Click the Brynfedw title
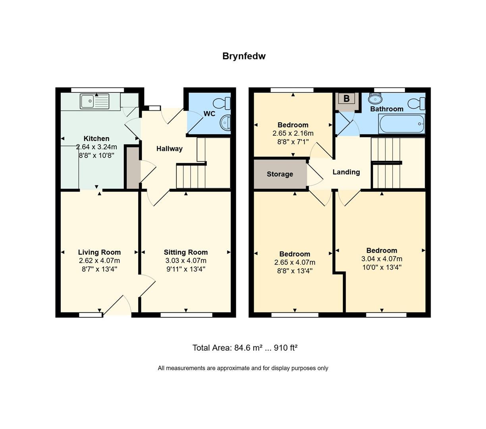point(244,56)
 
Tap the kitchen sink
point(94,101)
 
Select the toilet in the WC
point(222,103)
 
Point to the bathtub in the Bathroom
point(402,124)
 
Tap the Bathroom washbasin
point(375,99)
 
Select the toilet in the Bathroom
point(417,103)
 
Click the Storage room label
point(280,174)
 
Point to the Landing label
point(346,172)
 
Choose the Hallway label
point(170,149)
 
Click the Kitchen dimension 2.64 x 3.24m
point(96,147)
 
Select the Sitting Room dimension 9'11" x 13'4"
point(186,269)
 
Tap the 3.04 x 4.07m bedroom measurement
point(382,259)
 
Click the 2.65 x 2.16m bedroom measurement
point(293,133)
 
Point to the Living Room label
point(99,252)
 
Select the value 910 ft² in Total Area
point(286,348)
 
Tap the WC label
point(209,114)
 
